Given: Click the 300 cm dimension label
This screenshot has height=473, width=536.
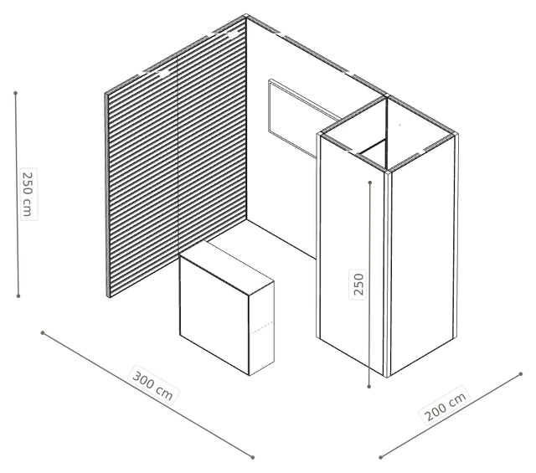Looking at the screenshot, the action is (x=152, y=385).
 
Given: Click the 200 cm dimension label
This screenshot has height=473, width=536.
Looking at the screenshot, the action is (x=445, y=406).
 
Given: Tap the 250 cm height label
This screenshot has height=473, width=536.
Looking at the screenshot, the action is (x=28, y=193).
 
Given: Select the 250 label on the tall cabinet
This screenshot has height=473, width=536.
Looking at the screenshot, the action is (x=358, y=284).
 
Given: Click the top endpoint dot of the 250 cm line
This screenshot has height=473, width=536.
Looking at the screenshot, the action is (x=15, y=93).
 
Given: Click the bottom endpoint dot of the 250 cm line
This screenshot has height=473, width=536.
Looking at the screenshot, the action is (x=18, y=296).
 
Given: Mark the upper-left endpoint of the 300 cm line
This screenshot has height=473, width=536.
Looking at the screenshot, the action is (x=43, y=332).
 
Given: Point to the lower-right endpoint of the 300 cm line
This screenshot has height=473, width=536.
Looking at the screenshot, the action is (x=253, y=457).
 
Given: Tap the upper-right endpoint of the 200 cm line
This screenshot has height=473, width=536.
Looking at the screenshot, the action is (x=521, y=374).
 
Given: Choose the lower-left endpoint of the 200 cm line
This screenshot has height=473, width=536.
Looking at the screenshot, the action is (x=380, y=457).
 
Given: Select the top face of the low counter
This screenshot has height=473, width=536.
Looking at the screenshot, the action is (x=227, y=266).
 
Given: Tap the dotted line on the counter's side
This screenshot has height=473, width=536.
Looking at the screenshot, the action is (x=262, y=326).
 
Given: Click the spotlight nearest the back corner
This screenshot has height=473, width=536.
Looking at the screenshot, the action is (x=233, y=35).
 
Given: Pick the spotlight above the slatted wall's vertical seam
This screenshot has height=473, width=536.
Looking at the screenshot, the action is (x=165, y=74).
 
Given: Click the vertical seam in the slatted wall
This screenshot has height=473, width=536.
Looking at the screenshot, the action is (x=178, y=155).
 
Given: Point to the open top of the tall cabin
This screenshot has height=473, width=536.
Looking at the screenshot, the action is (x=387, y=134).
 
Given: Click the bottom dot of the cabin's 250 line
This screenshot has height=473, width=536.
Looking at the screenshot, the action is (x=368, y=386).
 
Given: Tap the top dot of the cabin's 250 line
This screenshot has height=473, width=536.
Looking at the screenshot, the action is (x=370, y=183).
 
